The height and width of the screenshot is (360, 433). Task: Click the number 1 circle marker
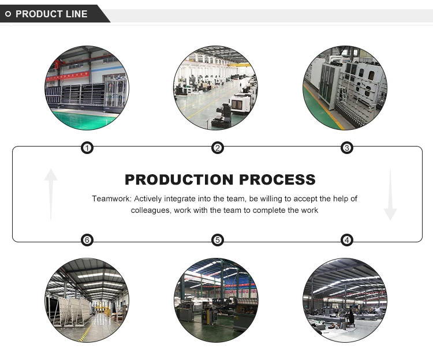pyautogui.click(x=87, y=148)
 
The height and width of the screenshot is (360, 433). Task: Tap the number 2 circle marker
pyautogui.click(x=218, y=148)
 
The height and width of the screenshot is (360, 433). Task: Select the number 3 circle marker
pyautogui.click(x=347, y=148)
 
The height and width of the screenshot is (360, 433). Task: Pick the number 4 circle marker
pyautogui.click(x=347, y=240)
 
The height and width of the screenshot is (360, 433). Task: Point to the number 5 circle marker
pyautogui.click(x=218, y=240)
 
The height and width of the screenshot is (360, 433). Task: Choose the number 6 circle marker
pyautogui.click(x=87, y=240)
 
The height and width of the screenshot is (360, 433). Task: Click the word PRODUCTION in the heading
pyautogui.click(x=179, y=179)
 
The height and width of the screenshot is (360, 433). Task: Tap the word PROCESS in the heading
pyautogui.click(x=277, y=179)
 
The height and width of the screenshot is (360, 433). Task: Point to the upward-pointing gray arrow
pyautogui.click(x=51, y=194)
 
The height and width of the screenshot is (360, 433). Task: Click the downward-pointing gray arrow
pyautogui.click(x=390, y=194)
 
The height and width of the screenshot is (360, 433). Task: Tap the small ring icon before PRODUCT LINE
pyautogui.click(x=8, y=14)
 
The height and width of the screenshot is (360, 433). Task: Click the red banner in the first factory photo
pyautogui.click(x=68, y=76)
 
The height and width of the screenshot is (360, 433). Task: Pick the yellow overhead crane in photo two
pyautogui.click(x=240, y=65)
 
